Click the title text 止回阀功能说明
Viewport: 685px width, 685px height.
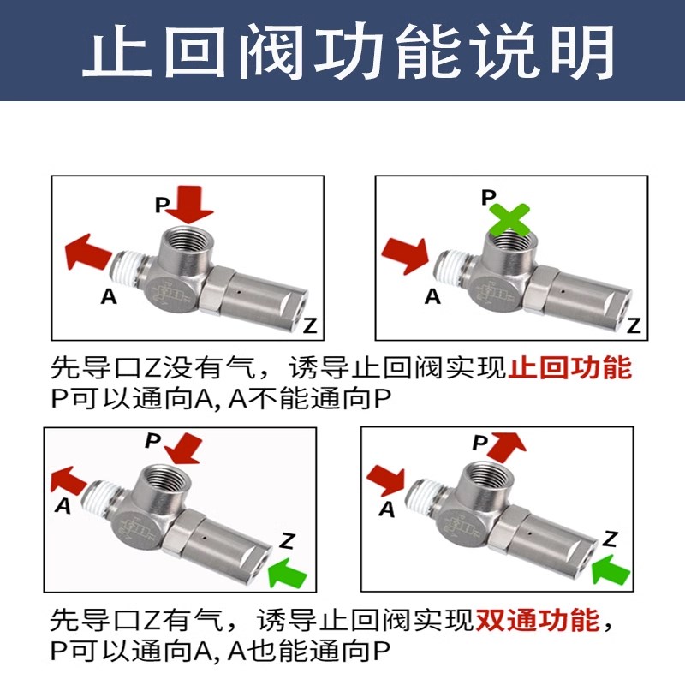[342, 50]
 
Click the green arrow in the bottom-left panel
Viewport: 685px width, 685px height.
[290, 572]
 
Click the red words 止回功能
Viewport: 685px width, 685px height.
[569, 369]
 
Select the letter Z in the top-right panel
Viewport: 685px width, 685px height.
[633, 325]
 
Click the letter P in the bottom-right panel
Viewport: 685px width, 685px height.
[480, 443]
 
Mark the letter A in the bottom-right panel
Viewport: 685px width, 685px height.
[386, 510]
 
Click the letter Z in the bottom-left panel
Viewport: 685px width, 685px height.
[288, 540]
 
